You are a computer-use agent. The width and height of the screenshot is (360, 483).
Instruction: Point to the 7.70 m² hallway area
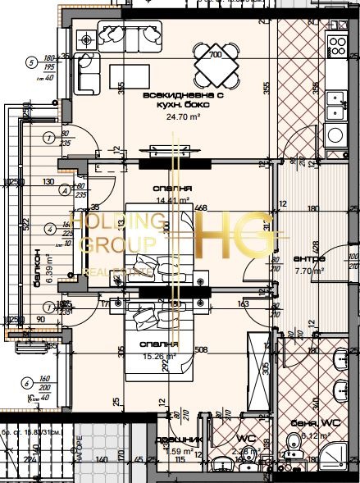[x=308, y=270]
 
